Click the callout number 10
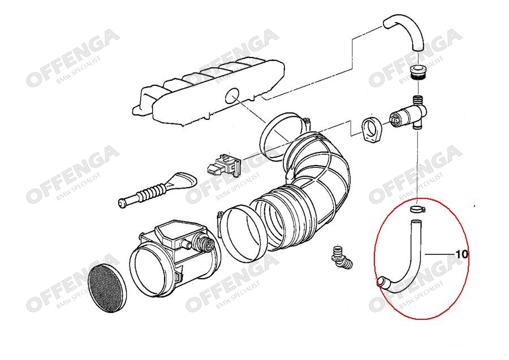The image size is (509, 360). [x=462, y=254]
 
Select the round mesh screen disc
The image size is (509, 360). [x=107, y=289]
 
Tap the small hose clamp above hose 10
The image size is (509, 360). [x=417, y=209]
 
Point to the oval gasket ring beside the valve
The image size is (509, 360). [x=371, y=130]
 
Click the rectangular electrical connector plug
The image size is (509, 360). [x=224, y=166]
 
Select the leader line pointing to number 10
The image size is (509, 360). [x=440, y=254]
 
